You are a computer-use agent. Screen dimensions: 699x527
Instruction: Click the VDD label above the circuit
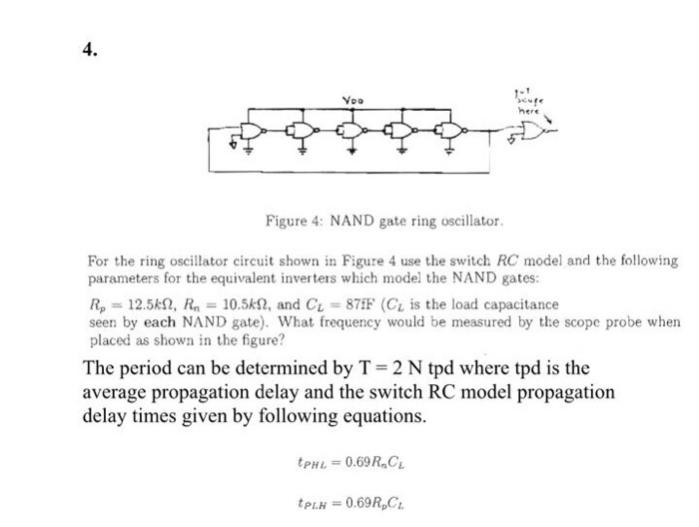349,100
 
